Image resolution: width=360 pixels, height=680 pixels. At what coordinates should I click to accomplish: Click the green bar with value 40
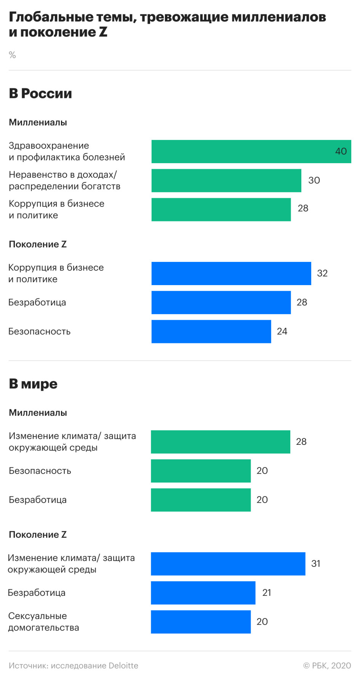[244, 151]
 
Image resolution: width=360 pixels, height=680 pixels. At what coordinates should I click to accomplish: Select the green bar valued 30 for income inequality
[226, 180]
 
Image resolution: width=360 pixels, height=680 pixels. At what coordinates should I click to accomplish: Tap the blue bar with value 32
[231, 273]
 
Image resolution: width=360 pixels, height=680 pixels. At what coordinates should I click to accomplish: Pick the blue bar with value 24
[211, 331]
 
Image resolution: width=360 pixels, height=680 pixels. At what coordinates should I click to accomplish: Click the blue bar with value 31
[228, 563]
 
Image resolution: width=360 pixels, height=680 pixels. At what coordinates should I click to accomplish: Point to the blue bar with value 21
[203, 592]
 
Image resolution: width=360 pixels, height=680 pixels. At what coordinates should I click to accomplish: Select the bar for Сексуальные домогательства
[201, 622]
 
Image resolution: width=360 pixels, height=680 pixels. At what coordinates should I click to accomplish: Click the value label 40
[341, 151]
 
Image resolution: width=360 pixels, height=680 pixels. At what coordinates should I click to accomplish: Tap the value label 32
[322, 273]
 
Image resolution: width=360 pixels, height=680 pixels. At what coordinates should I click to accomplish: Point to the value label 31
[316, 563]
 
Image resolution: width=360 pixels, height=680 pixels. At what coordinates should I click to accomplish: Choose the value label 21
[267, 592]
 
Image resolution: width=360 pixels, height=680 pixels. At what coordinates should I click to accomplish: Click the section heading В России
[40, 93]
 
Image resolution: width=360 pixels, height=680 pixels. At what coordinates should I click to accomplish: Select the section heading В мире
[33, 384]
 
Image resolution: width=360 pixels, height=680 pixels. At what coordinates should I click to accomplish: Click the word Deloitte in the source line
[123, 666]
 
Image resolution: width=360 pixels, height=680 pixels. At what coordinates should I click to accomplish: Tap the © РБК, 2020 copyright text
[327, 666]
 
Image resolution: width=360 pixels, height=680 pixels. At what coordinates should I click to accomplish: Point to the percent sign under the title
[12, 55]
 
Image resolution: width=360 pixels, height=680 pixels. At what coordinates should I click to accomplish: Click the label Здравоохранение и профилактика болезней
[67, 151]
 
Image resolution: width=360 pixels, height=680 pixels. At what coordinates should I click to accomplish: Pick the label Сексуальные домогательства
[43, 622]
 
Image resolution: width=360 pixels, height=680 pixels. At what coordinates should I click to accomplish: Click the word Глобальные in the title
[51, 17]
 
